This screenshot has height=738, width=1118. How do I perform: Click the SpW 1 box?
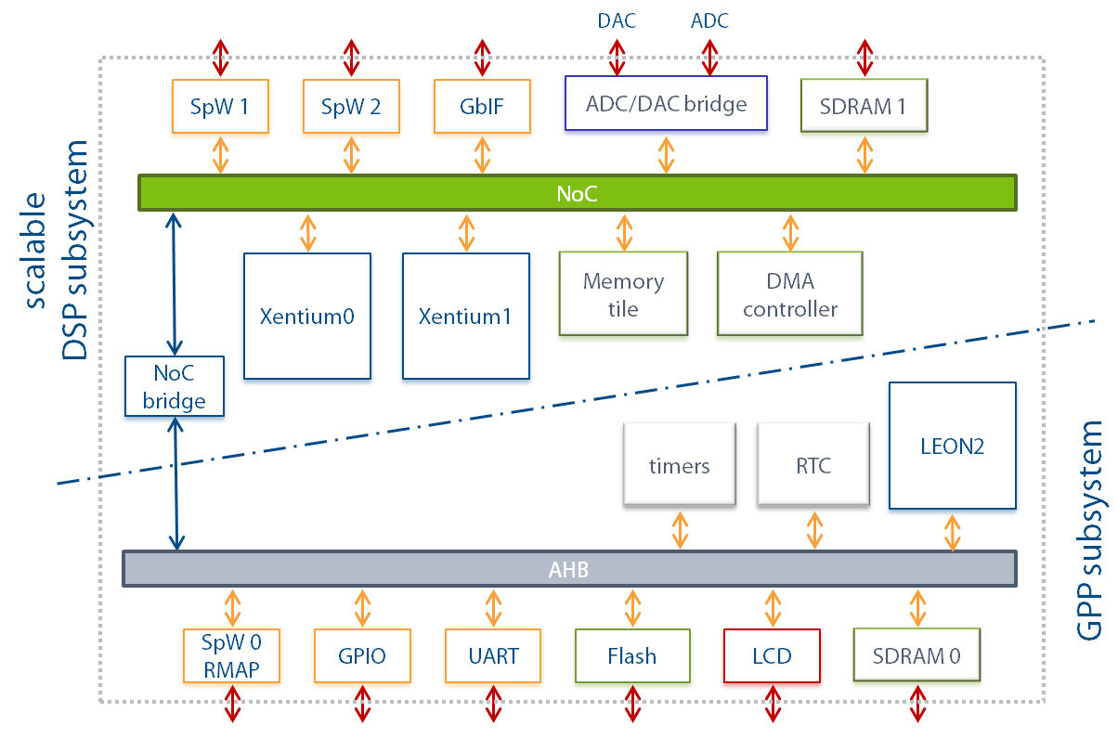(220, 106)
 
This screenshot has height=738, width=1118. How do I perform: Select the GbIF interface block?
(482, 106)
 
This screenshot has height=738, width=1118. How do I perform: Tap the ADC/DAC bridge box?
(667, 103)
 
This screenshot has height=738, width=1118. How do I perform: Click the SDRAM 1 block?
(864, 106)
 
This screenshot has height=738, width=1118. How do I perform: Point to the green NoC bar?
(577, 193)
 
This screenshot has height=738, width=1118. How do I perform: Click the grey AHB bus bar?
(568, 569)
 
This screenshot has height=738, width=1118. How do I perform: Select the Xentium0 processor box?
(307, 317)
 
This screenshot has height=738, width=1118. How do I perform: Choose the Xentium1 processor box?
(465, 317)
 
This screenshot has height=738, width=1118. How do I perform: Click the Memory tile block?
(623, 294)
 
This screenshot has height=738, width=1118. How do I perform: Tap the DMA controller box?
(790, 294)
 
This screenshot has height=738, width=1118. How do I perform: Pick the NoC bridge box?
(175, 386)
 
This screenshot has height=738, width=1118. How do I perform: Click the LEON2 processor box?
(954, 446)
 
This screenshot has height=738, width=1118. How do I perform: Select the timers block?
(680, 465)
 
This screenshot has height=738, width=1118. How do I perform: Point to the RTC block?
(814, 465)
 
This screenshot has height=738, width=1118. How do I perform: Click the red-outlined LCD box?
(772, 656)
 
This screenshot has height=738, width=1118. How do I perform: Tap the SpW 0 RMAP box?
(232, 655)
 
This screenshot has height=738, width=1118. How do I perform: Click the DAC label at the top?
(617, 20)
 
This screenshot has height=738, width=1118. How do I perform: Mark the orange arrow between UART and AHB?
(493, 608)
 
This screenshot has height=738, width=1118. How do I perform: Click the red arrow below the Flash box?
(632, 704)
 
